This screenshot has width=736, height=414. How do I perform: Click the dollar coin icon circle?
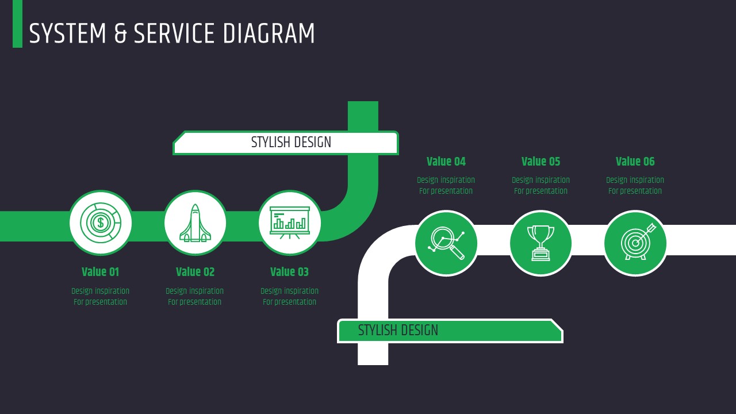pyautogui.click(x=101, y=223)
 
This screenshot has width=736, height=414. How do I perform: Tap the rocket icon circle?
pyautogui.click(x=195, y=223)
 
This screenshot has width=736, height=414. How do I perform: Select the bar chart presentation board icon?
pyautogui.click(x=289, y=223)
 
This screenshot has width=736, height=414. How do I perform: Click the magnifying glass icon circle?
pyautogui.click(x=446, y=243)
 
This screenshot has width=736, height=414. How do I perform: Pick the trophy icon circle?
pyautogui.click(x=540, y=243)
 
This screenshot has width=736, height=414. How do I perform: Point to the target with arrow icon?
pyautogui.click(x=635, y=243)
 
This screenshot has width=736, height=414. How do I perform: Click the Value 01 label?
pyautogui.click(x=100, y=272)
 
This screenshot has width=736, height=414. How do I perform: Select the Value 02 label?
pyautogui.click(x=195, y=272)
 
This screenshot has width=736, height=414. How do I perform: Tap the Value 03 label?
pyautogui.click(x=289, y=272)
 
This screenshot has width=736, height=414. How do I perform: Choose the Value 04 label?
pyautogui.click(x=446, y=162)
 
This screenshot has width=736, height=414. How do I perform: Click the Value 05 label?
pyautogui.click(x=540, y=162)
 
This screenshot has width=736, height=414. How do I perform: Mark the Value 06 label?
pyautogui.click(x=635, y=162)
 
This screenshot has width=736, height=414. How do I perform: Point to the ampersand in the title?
pyautogui.click(x=120, y=34)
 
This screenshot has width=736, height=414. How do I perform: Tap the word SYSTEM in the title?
pyautogui.click(x=68, y=34)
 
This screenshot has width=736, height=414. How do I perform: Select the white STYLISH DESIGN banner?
pyautogui.click(x=286, y=143)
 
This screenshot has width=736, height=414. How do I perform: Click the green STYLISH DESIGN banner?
pyautogui.click(x=450, y=331)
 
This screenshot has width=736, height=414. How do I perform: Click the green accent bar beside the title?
pyautogui.click(x=17, y=24)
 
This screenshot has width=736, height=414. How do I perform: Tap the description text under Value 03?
pyautogui.click(x=289, y=296)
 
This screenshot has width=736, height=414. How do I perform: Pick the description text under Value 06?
pyautogui.click(x=635, y=185)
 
